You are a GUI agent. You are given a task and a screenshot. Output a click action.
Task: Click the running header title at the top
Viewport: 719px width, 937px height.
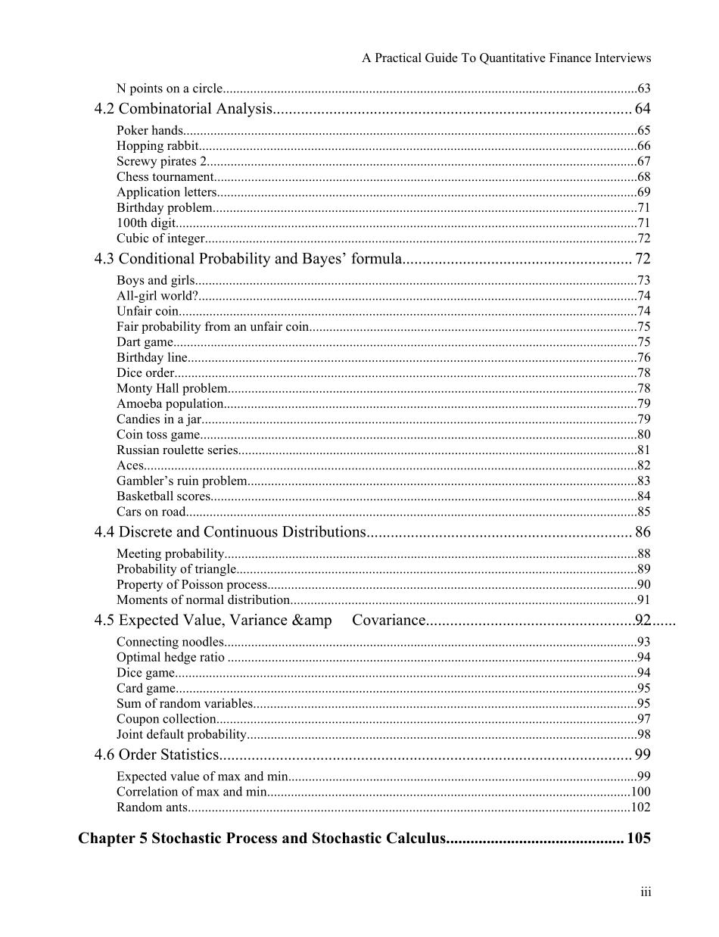coord(506,58)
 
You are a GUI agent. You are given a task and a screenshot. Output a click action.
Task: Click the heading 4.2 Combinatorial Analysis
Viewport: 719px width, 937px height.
coord(182,109)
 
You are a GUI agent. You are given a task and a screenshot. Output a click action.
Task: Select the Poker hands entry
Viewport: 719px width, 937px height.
coord(150,131)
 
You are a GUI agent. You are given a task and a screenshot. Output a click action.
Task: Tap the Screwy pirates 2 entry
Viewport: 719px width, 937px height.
coord(161,161)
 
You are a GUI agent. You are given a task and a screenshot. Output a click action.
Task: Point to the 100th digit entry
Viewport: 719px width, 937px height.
coord(146,223)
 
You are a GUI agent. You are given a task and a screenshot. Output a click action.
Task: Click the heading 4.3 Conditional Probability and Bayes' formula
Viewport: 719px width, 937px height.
coord(247,259)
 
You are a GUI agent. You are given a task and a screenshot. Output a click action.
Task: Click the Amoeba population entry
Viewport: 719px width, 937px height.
coord(170,404)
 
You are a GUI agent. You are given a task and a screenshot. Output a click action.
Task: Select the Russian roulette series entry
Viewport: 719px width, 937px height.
coord(177,450)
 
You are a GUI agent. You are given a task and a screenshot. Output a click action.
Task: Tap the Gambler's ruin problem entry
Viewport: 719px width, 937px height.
coord(182,481)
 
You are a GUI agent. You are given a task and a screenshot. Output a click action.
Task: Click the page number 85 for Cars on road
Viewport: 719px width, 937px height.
coord(643,512)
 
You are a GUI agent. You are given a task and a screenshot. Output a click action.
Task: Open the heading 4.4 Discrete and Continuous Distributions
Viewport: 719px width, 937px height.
coord(230,532)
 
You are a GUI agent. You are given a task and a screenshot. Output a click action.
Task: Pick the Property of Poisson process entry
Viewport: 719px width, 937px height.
coord(191,584)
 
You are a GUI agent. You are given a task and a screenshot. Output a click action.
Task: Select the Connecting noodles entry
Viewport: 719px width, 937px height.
coord(170,643)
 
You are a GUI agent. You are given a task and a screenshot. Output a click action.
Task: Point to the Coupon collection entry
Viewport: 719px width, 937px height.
coord(167,719)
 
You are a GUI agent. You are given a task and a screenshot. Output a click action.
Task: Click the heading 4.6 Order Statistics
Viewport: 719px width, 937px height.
coord(156,755)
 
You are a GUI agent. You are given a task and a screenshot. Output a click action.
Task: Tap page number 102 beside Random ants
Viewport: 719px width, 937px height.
coord(640,808)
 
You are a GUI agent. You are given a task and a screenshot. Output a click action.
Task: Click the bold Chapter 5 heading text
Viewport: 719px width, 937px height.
coord(261,839)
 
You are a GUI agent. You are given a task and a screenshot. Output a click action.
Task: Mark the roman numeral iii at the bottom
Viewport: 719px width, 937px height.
coord(646,892)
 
